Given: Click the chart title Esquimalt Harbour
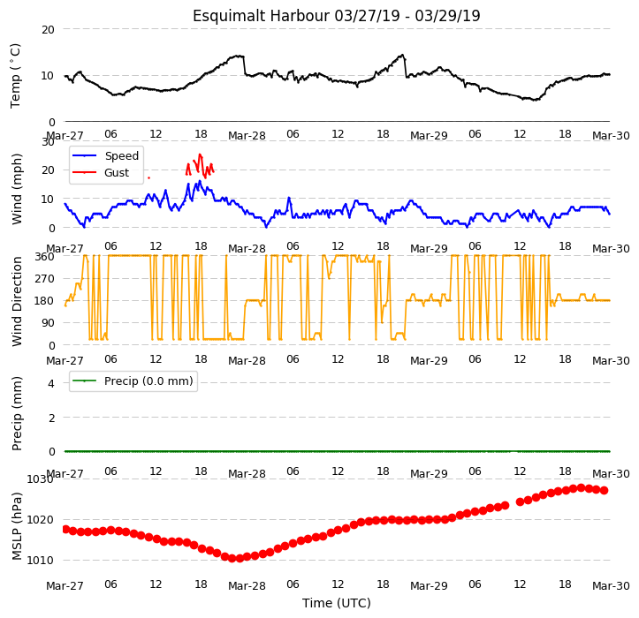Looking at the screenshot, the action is (x=261, y=16).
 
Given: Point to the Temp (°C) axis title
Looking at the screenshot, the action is (x=15, y=76).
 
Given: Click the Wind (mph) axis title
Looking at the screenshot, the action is (x=16, y=189).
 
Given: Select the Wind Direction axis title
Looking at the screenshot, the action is (x=16, y=301).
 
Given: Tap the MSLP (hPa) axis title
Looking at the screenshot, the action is (x=16, y=526).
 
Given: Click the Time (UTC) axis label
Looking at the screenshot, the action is (x=336, y=603).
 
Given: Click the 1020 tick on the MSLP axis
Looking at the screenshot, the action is (x=41, y=520).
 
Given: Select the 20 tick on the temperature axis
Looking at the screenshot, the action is (x=48, y=29).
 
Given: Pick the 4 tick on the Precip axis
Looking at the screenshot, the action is (x=51, y=383).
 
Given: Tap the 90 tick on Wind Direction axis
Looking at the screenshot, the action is (x=48, y=323).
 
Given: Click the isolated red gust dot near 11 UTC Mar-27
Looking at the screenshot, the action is (x=148, y=178).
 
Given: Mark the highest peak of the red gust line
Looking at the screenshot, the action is (x=200, y=154).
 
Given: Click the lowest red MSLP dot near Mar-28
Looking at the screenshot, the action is (x=232, y=558).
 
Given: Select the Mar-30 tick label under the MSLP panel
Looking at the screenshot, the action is (x=611, y=586).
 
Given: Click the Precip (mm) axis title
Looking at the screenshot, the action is (x=16, y=414).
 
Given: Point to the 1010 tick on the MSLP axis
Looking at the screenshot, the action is (x=41, y=561).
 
